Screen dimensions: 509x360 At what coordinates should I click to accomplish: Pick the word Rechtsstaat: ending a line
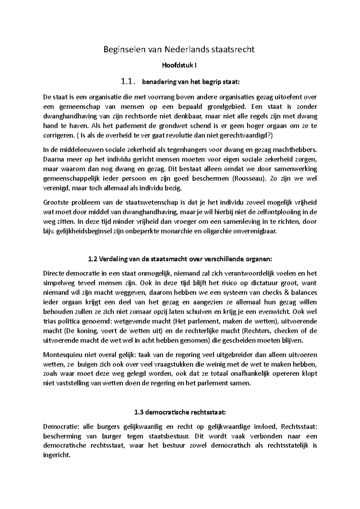299,427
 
